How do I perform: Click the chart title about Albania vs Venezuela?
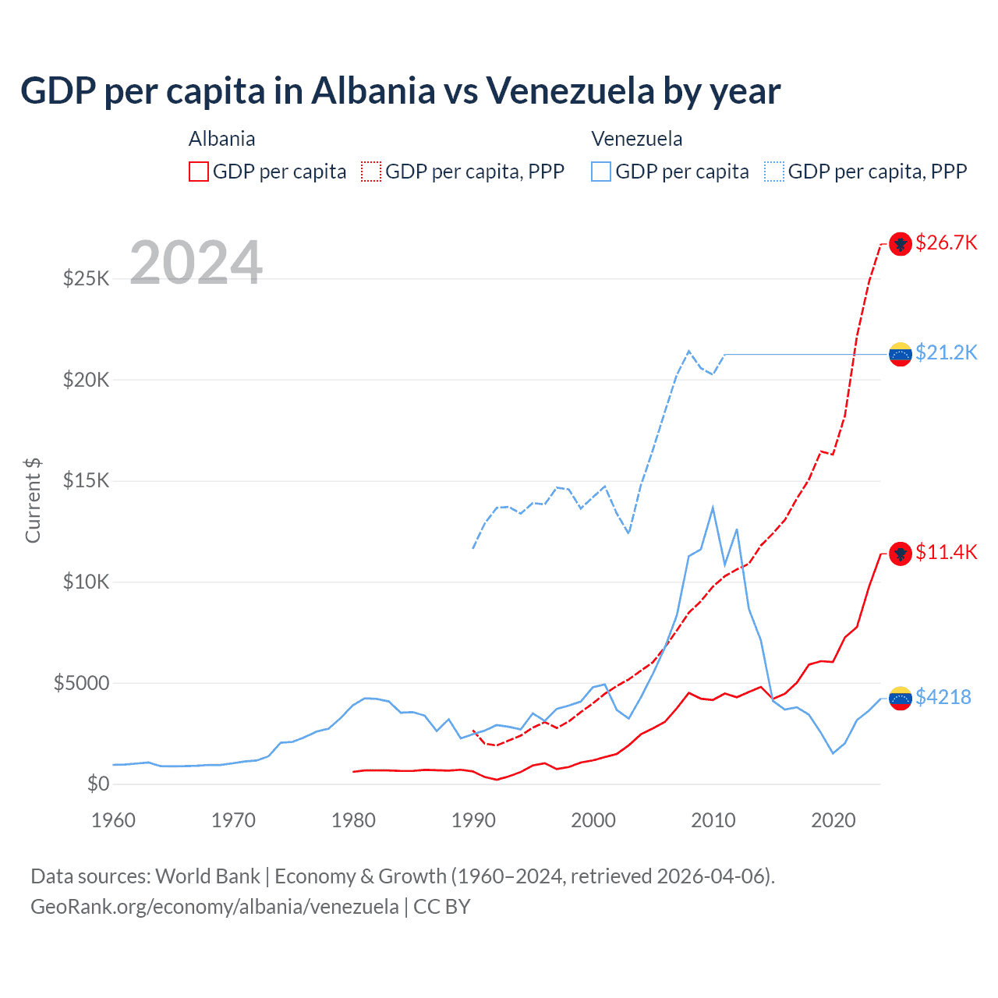click(400, 90)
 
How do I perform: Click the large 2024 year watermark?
click(196, 263)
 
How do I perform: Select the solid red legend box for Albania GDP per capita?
click(199, 172)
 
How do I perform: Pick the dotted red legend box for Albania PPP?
click(371, 172)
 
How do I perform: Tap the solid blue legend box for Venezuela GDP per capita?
click(601, 172)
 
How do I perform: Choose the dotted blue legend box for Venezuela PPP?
click(774, 172)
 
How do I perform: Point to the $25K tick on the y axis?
click(86, 278)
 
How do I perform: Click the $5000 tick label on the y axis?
click(81, 683)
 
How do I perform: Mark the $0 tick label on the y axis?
click(97, 784)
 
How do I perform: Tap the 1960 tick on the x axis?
click(114, 820)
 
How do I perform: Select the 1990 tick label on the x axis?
click(474, 820)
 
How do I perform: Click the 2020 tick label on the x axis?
click(833, 820)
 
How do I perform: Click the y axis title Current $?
click(33, 501)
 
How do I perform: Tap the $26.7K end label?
click(946, 242)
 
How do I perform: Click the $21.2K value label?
click(946, 352)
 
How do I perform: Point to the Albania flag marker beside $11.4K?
click(901, 554)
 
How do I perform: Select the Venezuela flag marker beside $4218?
click(901, 698)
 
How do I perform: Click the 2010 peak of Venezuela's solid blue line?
click(713, 508)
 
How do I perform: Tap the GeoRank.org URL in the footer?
click(214, 907)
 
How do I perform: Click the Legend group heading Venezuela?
click(637, 139)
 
